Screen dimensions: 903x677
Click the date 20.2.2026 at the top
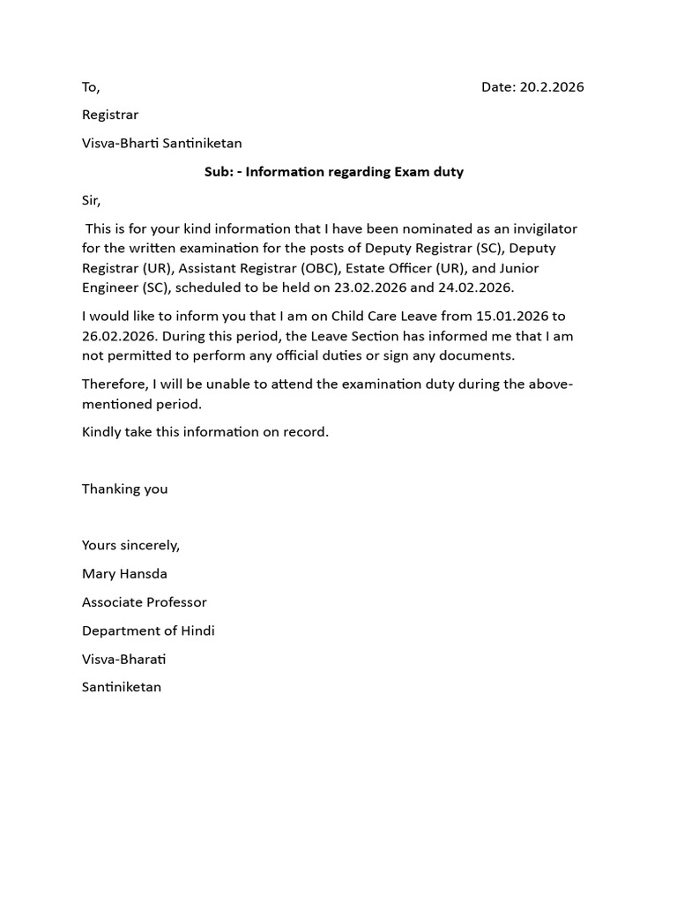pos(551,86)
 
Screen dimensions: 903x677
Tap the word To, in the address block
pos(91,86)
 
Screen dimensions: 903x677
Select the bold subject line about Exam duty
pos(334,171)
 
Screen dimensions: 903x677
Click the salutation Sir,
pos(91,200)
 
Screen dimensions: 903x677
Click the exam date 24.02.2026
pos(475,287)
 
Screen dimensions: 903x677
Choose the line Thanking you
pos(124,489)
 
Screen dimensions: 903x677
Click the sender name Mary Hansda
pos(124,573)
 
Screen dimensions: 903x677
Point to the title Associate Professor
pos(144,602)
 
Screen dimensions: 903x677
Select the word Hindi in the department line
pos(197,631)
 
